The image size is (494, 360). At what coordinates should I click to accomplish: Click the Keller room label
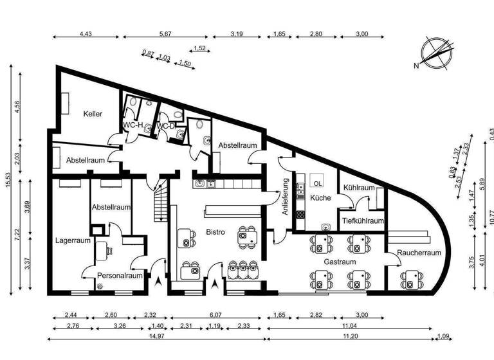tap(93, 114)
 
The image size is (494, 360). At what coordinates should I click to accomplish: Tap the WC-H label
tap(133, 125)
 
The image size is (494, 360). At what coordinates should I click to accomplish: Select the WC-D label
tap(167, 125)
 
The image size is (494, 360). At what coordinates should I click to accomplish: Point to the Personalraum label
tap(119, 276)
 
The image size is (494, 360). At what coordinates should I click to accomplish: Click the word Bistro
tap(215, 232)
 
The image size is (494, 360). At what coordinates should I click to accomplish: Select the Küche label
tap(320, 198)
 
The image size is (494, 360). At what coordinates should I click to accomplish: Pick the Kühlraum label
tap(358, 188)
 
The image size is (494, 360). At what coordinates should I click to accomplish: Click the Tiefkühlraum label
tap(362, 221)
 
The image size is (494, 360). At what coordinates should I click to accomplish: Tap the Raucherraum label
tap(419, 253)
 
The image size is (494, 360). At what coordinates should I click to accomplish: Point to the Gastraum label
tap(339, 263)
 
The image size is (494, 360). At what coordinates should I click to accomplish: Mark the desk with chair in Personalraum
tap(103, 249)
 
